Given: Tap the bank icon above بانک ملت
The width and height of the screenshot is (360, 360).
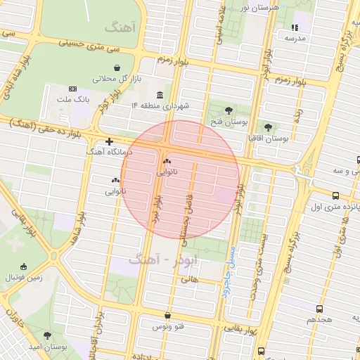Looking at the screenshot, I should pyautogui.click(x=72, y=89).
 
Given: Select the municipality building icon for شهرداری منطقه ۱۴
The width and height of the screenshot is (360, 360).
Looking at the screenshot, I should pyautogui.click(x=160, y=95).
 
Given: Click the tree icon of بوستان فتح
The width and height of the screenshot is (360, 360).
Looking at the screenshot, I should pyautogui.click(x=229, y=110).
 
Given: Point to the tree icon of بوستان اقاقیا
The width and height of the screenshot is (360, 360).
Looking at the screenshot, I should pyautogui.click(x=269, y=127).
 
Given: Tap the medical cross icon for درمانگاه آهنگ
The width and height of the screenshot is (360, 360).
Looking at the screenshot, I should pyautogui.click(x=109, y=141).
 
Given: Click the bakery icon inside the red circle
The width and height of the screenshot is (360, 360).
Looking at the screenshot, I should pyautogui.click(x=167, y=161).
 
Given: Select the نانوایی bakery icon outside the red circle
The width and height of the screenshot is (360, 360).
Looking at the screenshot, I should pyautogui.click(x=115, y=181).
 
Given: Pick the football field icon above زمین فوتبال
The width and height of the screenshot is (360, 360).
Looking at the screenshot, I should pyautogui.click(x=23, y=266).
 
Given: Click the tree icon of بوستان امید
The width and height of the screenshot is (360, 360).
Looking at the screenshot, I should pyautogui.click(x=47, y=336).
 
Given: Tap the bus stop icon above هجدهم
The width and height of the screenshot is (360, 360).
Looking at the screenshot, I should pyautogui.click(x=320, y=308).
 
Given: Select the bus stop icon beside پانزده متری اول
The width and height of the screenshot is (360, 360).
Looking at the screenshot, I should pyautogui.click(x=335, y=196).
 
